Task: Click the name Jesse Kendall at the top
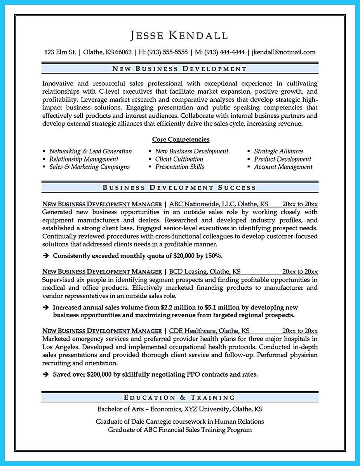pyautogui.click(x=179, y=35)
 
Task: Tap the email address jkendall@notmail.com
pyautogui.click(x=283, y=52)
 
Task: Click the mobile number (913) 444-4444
pyautogui.click(x=225, y=52)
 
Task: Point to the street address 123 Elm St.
pyautogui.click(x=60, y=52)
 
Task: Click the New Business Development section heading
pyautogui.click(x=179, y=69)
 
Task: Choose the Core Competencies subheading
pyautogui.click(x=181, y=139)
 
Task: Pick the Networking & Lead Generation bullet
pyautogui.click(x=90, y=151)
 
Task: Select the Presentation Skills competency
pyautogui.click(x=180, y=167)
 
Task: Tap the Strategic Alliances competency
pyautogui.click(x=279, y=151)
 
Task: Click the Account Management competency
pyautogui.click(x=283, y=167)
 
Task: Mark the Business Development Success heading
pyautogui.click(x=179, y=188)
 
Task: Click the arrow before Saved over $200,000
pyautogui.click(x=46, y=375)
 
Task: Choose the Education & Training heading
pyautogui.click(x=179, y=397)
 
